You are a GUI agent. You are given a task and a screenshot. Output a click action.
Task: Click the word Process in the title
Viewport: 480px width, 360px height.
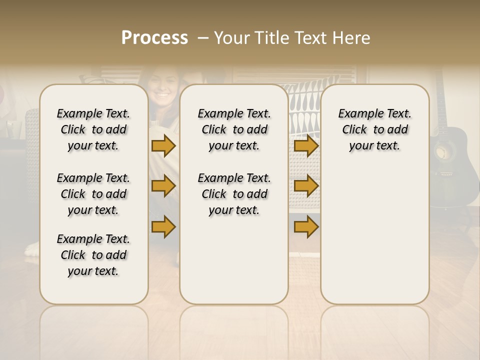tap(154, 38)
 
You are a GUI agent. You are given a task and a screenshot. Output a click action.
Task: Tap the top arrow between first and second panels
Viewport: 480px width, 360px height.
tap(163, 145)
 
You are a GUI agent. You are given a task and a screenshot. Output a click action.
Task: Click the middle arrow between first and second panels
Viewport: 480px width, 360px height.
tap(163, 186)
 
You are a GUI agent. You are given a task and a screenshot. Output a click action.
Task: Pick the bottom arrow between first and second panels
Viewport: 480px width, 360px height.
tap(163, 227)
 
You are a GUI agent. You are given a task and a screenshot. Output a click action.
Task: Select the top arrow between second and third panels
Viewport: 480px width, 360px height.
tap(306, 145)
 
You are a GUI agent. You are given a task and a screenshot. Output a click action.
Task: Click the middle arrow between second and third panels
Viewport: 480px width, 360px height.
tap(306, 186)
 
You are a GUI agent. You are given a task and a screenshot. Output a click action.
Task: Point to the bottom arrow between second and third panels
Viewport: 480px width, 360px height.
tap(306, 227)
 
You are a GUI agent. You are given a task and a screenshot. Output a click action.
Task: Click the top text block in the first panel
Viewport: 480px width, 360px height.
tap(93, 129)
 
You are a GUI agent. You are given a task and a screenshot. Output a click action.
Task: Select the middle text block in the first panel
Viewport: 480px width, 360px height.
tap(93, 194)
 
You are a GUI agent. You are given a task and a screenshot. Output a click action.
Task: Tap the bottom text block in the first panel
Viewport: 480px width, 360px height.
tap(93, 255)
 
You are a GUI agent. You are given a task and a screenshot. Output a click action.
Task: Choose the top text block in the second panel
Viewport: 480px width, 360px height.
tap(234, 129)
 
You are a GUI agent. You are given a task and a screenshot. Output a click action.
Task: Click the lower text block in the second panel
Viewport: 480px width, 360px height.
tap(234, 194)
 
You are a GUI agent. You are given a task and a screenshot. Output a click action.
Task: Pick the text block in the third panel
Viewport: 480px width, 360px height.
tap(374, 129)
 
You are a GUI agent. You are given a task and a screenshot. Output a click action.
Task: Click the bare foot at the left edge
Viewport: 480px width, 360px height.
tap(32, 249)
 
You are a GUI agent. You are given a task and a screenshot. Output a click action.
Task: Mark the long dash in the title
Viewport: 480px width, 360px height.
tap(203, 38)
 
